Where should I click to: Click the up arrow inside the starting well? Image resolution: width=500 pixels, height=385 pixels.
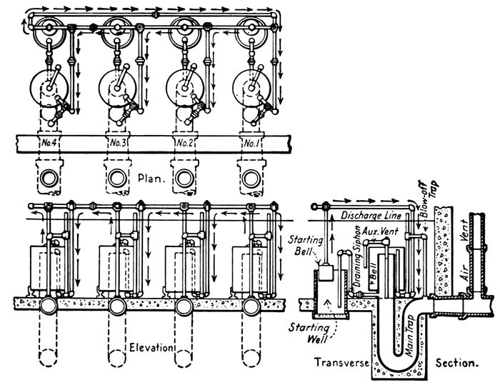pyautogui.click(x=328, y=303)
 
